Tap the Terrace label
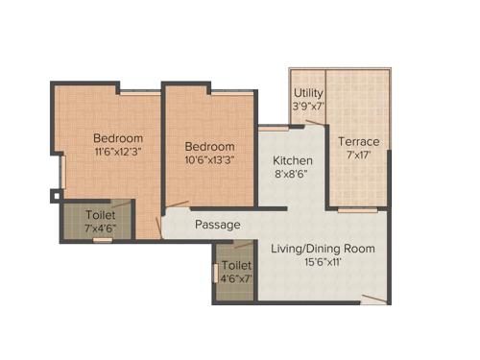coord(358,142)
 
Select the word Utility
coord(308,92)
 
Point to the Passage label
coord(218,225)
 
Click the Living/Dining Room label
coord(323,249)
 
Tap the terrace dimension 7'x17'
coord(358,156)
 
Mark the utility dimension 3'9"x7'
coord(309,107)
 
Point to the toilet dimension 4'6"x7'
coord(236,279)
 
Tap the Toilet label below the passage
coord(236,265)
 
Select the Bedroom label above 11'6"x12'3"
coord(118,136)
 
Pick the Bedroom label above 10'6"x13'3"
coord(210,146)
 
